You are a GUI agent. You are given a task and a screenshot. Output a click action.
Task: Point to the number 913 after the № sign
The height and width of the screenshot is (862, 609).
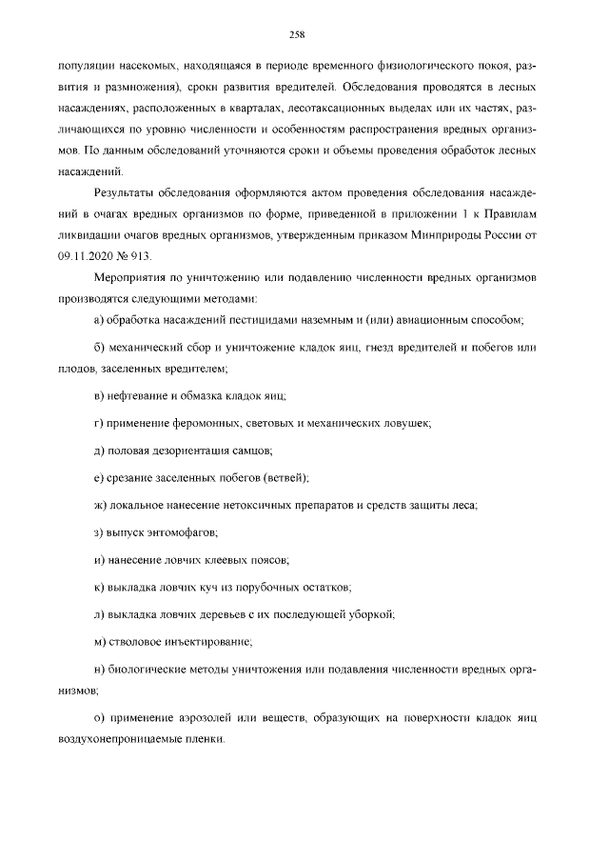[x=138, y=257]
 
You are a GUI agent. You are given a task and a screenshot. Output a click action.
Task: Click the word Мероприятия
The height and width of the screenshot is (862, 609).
[x=135, y=278]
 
